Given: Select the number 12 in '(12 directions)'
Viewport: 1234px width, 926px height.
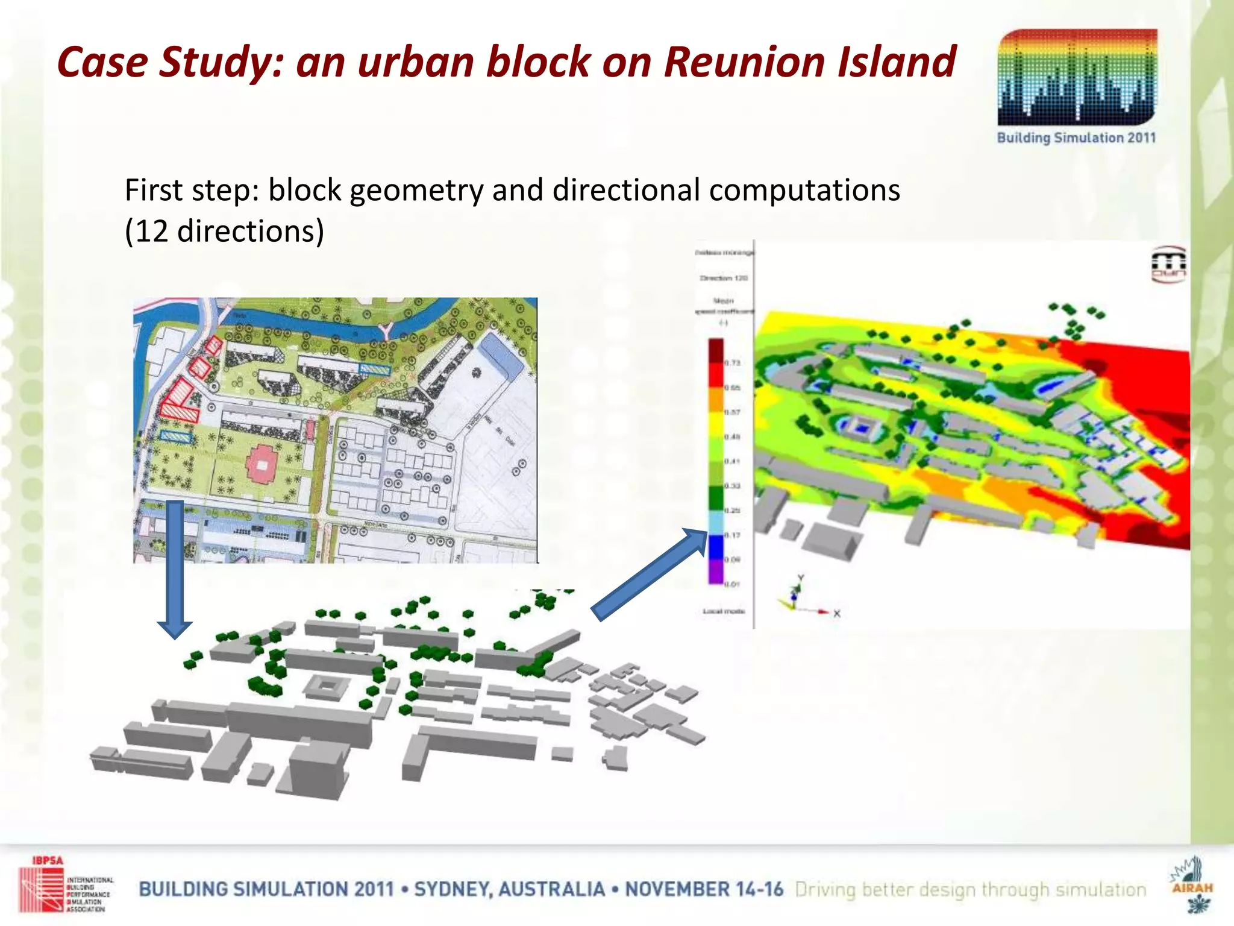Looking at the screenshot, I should click(x=151, y=231).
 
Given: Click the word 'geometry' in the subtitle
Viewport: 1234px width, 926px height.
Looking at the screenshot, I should click(x=416, y=191).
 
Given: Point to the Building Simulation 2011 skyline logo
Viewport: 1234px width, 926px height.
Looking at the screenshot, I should click(x=1077, y=78).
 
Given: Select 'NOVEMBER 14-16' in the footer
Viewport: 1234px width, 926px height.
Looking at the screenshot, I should click(x=704, y=889).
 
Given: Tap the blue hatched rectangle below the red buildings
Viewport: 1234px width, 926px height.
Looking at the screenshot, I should click(x=175, y=436).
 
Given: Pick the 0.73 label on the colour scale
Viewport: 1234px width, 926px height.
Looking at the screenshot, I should click(x=732, y=363).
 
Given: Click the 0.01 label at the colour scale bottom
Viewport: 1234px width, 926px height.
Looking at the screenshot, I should click(x=732, y=584).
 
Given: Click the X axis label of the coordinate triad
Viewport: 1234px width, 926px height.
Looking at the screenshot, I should click(x=837, y=614).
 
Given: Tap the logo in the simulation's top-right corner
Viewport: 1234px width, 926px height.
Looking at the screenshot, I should click(x=1169, y=265).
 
